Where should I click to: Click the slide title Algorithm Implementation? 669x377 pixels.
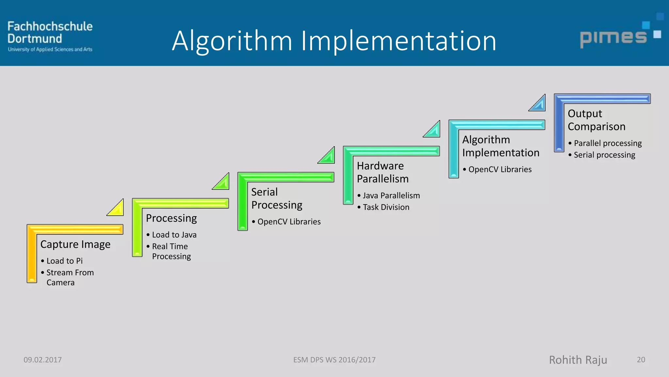(x=334, y=41)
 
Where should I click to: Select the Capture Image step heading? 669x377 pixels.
(x=75, y=244)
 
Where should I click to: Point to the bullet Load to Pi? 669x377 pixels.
(x=64, y=261)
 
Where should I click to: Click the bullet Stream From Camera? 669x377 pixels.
(x=70, y=277)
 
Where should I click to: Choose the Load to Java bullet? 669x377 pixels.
(x=174, y=235)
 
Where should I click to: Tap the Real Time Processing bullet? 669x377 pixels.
(x=171, y=251)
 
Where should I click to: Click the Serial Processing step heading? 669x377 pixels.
(x=276, y=198)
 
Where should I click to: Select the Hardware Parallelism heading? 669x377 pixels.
(x=382, y=172)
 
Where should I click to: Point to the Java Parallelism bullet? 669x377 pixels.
(x=391, y=195)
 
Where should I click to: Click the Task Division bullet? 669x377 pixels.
(x=386, y=207)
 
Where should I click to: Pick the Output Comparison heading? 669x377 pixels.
(x=596, y=120)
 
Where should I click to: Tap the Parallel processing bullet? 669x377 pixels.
(x=608, y=143)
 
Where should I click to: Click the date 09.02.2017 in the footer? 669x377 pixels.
(x=42, y=360)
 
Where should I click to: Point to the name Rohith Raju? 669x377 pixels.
(x=578, y=360)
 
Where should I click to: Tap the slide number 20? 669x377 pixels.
(x=641, y=360)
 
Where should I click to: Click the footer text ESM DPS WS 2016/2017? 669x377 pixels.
(x=334, y=360)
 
